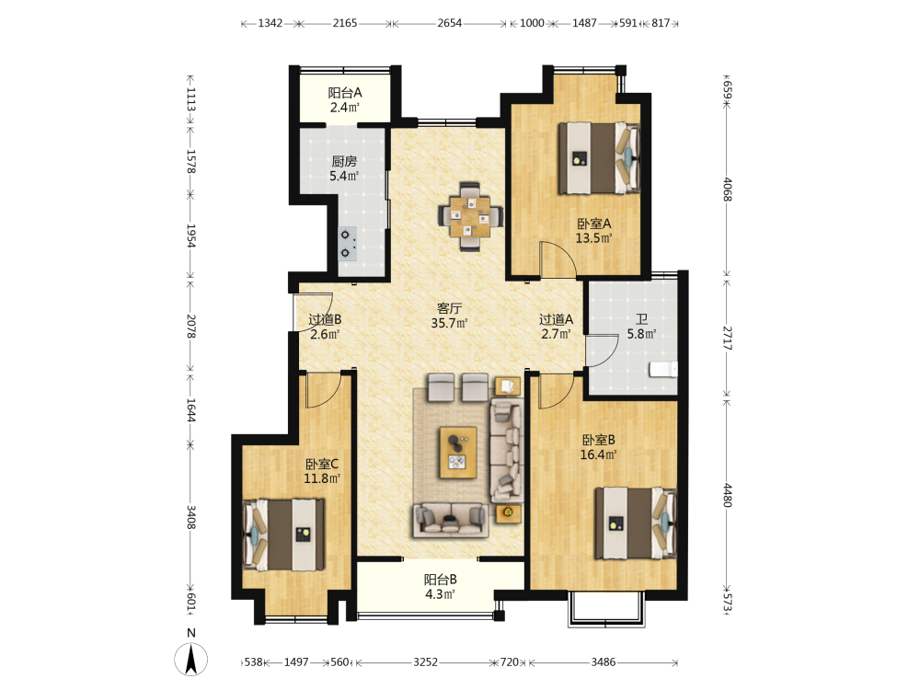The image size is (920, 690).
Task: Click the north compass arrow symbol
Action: pos(190,659)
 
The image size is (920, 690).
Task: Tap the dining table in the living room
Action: pos(470,216)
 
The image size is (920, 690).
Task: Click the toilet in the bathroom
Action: pos(663,369)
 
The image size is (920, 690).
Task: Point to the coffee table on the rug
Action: pos(458,453)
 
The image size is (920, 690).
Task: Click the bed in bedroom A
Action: pos(599,158)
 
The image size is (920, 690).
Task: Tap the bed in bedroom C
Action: pos(284,535)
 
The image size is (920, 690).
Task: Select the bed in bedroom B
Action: pos(636,523)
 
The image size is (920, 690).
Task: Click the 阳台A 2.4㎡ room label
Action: pos(344,99)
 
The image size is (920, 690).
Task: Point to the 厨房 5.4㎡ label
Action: pos(344,168)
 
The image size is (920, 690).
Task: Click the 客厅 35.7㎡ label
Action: pos(450,316)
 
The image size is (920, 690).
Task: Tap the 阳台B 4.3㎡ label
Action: pos(440,587)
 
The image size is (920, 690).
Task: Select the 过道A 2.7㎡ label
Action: pos(556,327)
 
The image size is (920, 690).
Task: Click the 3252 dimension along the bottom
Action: pos(425,661)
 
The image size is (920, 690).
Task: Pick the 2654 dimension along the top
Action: pos(450,23)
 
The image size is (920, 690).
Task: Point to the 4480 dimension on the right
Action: pos(727,495)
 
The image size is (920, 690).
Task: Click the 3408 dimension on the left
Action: pos(190,517)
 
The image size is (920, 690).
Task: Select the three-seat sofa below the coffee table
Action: pos(451,521)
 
